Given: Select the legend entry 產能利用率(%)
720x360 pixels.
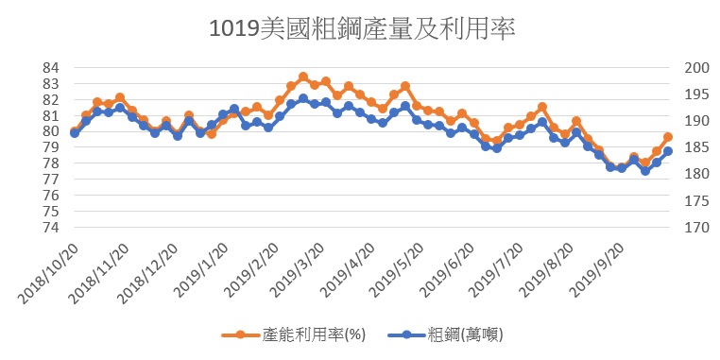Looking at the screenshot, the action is coord(294,334).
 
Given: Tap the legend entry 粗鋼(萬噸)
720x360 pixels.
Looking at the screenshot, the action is coord(445,334).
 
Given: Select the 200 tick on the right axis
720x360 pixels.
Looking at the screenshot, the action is coord(696,68).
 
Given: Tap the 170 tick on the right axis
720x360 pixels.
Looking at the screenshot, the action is coord(696,228).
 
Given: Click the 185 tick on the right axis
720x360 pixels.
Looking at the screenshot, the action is coord(696,147).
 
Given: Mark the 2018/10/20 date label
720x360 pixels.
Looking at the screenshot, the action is coord(49,273).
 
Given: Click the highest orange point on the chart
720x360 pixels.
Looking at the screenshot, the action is coord(303,77).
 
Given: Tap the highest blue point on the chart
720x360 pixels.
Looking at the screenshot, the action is coord(303,98).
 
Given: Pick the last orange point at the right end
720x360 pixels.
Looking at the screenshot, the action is coord(668,137).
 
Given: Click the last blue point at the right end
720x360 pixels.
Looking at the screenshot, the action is coord(668,151).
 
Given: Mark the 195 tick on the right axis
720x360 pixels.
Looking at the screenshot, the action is coord(696,94).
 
